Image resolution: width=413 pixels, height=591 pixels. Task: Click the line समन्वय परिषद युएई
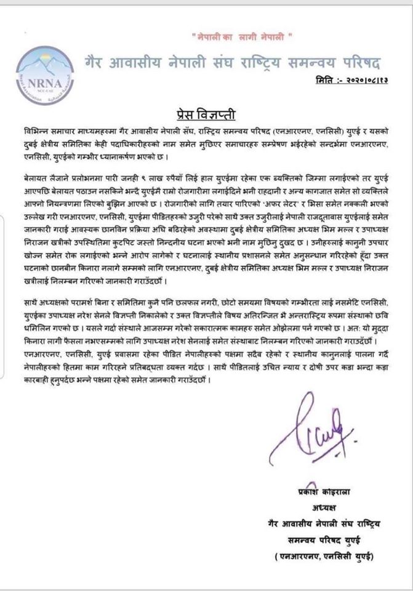point(321,540)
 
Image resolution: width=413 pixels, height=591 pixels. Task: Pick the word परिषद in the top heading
point(361,63)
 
